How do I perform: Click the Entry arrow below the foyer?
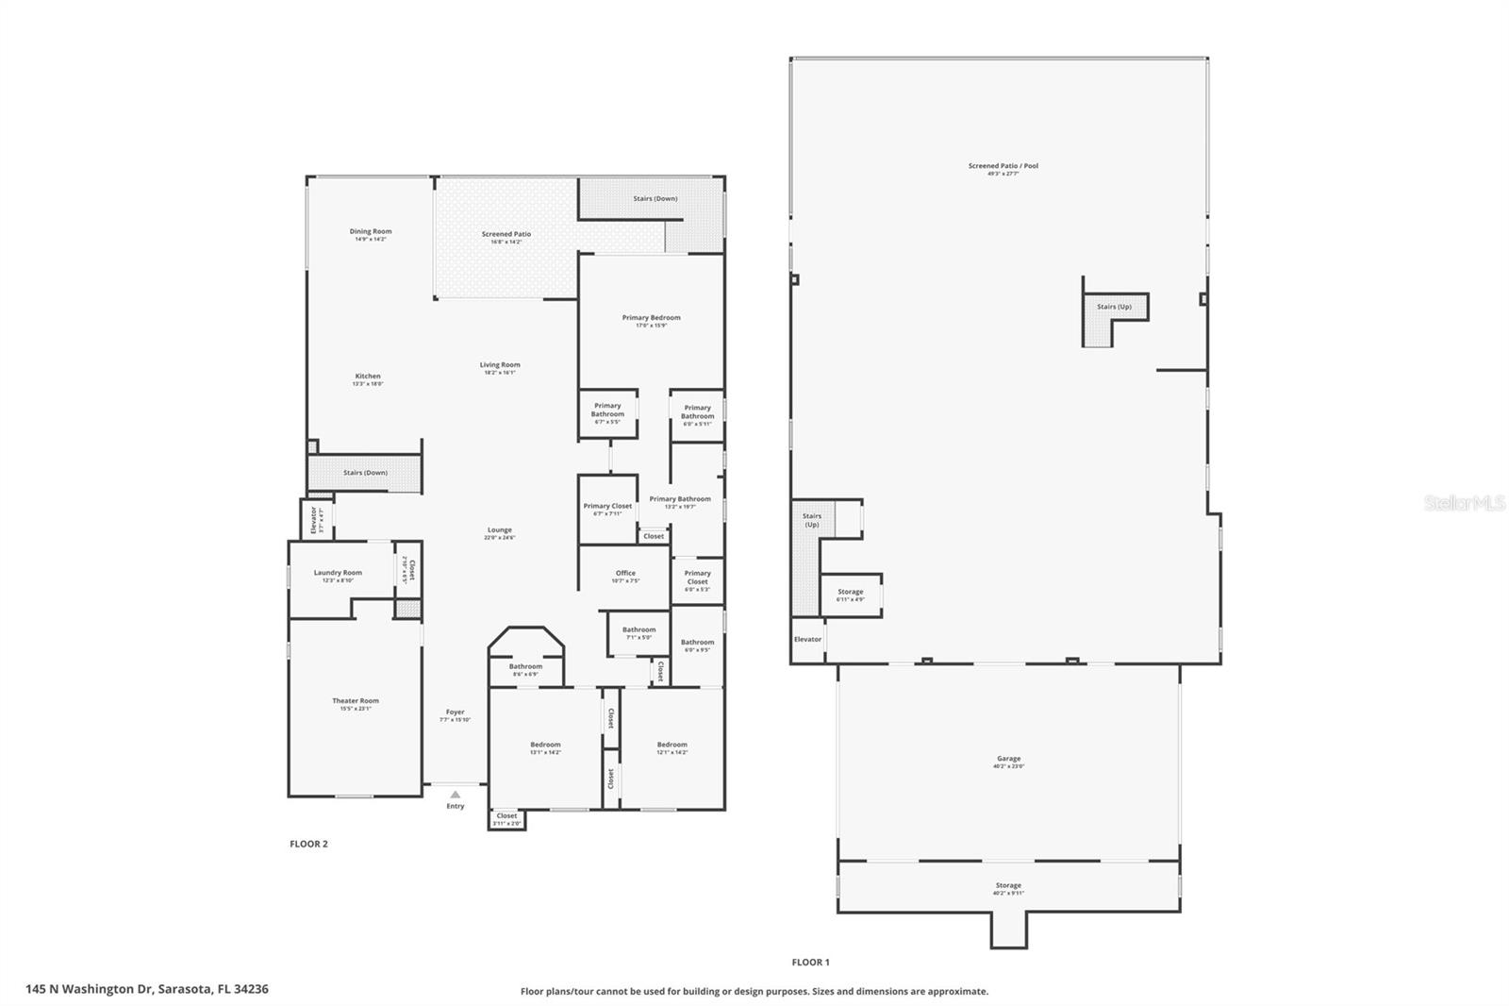[456, 795]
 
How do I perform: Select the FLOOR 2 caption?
[308, 844]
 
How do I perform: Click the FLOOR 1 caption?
[810, 962]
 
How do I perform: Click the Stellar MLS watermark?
[1464, 504]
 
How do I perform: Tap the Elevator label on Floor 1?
[807, 639]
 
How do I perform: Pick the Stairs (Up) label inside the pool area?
[1114, 307]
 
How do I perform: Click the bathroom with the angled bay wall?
[525, 665]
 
